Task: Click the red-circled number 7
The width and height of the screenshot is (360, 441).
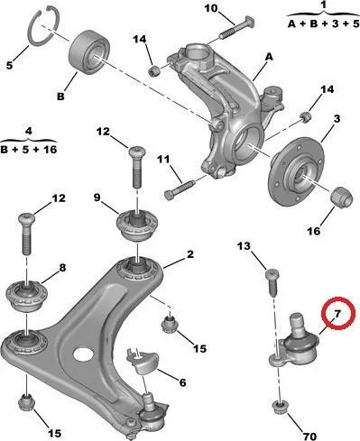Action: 337,314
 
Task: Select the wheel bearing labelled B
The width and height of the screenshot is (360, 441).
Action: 89,51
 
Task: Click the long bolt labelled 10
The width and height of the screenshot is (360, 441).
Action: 236,28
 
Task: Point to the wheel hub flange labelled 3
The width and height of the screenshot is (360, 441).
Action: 296,171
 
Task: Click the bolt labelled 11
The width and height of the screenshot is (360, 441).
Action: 180,188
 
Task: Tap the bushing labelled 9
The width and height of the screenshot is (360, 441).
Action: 137,225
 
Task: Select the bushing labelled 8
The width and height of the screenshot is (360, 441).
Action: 27,296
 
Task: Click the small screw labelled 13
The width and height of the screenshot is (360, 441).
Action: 272,282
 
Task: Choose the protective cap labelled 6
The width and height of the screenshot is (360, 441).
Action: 143,362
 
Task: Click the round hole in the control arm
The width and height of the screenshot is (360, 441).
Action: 83,354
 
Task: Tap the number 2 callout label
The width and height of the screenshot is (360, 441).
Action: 190,254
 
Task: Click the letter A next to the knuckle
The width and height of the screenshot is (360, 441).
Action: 269,57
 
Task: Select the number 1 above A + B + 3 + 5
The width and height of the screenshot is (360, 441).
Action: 324,5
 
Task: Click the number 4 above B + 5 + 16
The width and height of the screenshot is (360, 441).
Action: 28,132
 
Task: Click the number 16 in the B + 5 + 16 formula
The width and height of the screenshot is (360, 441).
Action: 49,149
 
